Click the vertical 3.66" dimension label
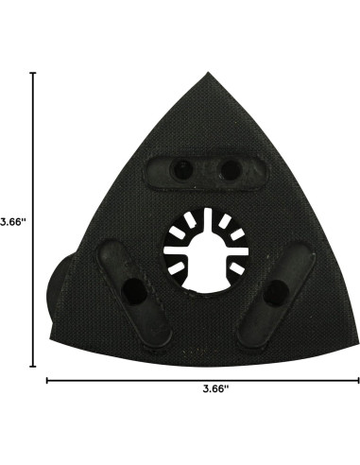12,222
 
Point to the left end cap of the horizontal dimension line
47,381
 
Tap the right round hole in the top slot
228,171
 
